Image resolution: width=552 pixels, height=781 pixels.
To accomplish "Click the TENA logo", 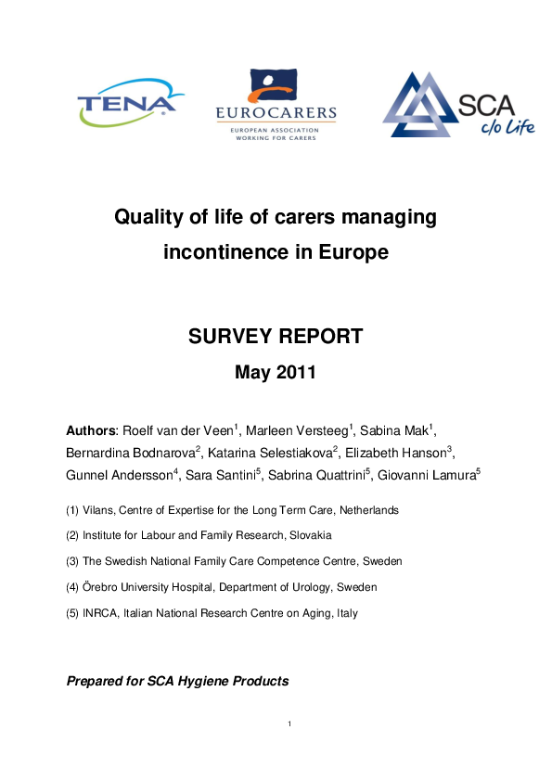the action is (126, 103).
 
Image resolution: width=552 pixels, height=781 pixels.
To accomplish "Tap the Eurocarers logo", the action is (276, 105).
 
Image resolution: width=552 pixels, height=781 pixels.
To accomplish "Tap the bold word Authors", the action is (90, 431).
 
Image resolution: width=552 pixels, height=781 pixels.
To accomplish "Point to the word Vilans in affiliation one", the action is (97, 510).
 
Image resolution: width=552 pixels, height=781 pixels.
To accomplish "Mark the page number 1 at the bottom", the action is (289, 723).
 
